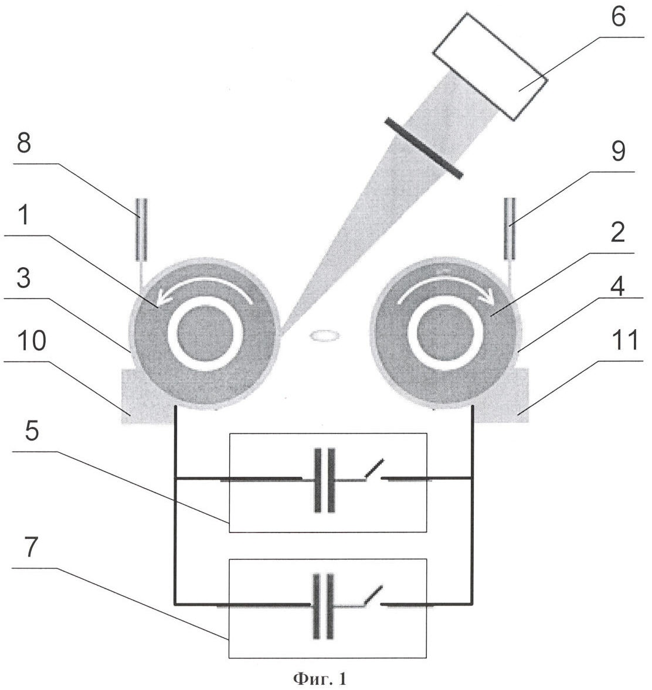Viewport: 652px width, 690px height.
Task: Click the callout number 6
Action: click(x=618, y=17)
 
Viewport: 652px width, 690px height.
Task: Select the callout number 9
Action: click(x=618, y=151)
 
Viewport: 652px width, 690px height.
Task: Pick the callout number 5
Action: click(x=32, y=431)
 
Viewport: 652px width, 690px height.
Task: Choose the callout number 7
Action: click(x=32, y=546)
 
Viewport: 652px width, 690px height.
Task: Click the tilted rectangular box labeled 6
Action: click(x=489, y=66)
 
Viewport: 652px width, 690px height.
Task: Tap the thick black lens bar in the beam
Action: click(x=424, y=148)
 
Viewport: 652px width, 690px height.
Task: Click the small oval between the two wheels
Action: click(x=325, y=336)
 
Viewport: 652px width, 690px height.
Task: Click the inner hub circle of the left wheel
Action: click(x=205, y=333)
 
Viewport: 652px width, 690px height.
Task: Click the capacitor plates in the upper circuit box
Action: click(x=324, y=480)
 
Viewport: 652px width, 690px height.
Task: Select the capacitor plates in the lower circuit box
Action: click(x=323, y=606)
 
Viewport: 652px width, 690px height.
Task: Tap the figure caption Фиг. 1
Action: click(x=320, y=678)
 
